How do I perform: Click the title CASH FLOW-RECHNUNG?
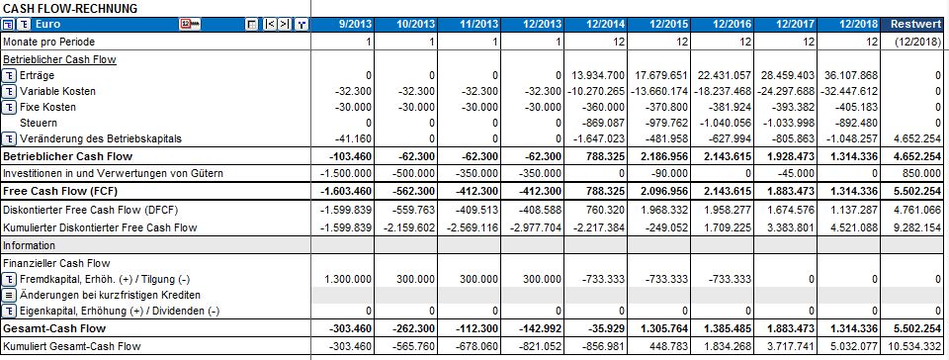(x=69, y=7)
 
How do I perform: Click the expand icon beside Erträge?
(x=9, y=75)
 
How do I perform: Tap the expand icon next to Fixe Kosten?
(x=9, y=107)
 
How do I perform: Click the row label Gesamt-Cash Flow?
(x=53, y=327)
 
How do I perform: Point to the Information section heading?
(x=30, y=244)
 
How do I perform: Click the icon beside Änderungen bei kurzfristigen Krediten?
(x=9, y=296)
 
